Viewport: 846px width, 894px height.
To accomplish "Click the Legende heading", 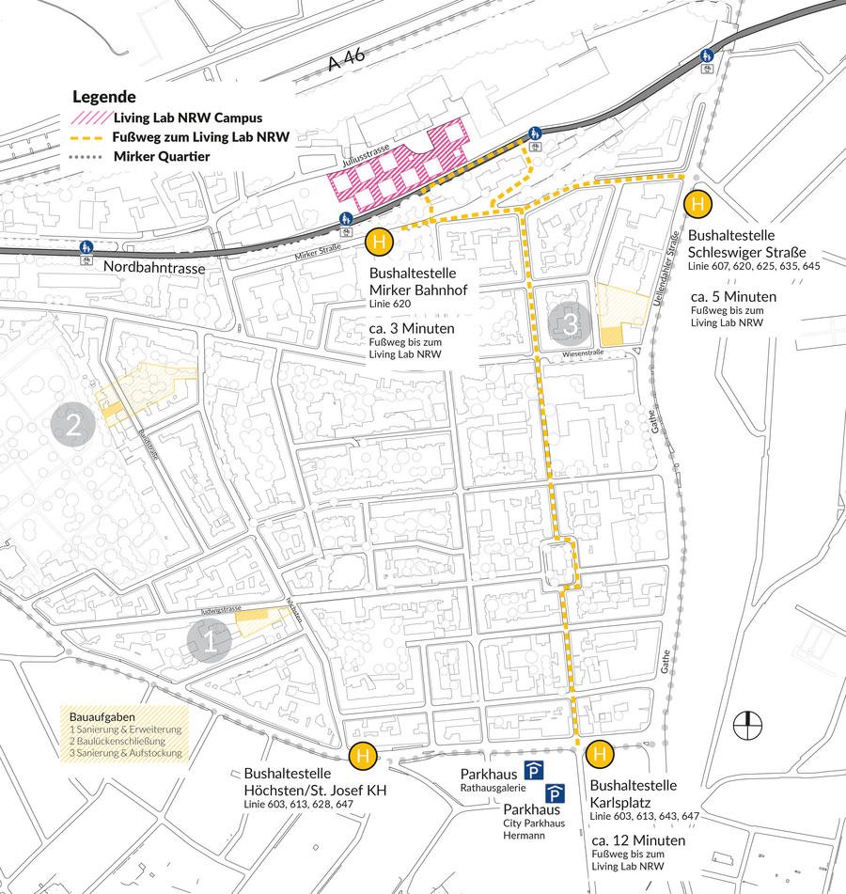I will [103, 97].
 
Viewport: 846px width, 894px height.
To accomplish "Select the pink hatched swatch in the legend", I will [88, 119].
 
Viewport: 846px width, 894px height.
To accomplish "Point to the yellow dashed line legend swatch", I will [88, 137].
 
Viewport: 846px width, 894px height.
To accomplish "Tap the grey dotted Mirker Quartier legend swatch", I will [88, 156].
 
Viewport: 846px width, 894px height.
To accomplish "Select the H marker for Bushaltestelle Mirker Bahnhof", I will [379, 243].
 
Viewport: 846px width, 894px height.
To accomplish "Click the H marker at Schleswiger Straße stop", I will [697, 204].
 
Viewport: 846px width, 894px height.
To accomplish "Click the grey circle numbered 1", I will [209, 642].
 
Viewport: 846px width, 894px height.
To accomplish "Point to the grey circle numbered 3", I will [571, 324].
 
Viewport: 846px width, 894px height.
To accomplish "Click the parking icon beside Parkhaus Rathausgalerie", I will [534, 771].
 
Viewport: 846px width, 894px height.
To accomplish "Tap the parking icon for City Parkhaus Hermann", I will [556, 794].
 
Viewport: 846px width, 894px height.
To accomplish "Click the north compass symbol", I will [747, 725].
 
